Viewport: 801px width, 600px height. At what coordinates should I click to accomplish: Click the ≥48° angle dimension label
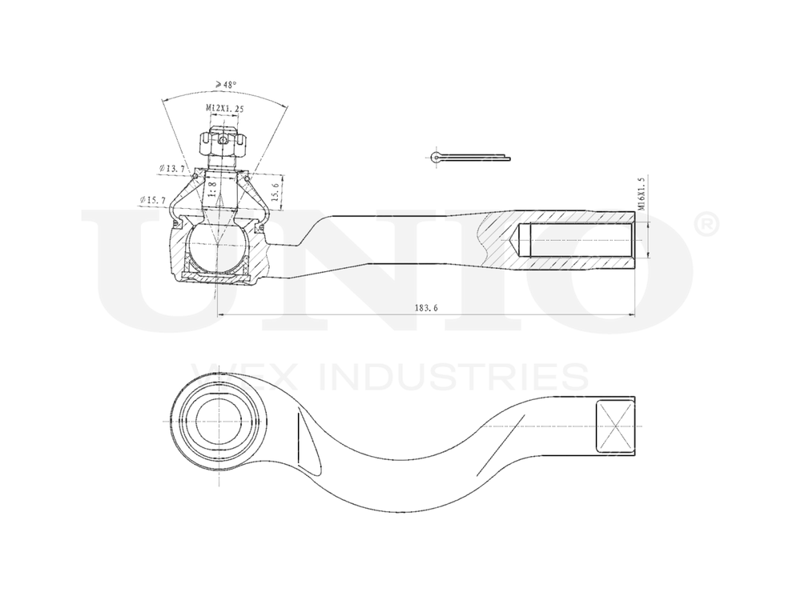pos(223,83)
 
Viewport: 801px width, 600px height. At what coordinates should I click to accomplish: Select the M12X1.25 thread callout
pos(223,108)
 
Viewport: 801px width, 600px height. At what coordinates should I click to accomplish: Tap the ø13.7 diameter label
pos(172,169)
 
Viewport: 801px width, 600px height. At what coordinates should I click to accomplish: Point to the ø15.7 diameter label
pos(153,199)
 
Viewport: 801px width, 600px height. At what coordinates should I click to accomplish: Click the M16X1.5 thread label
pos(642,194)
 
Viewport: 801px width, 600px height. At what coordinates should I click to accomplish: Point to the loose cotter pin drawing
pos(469,156)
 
